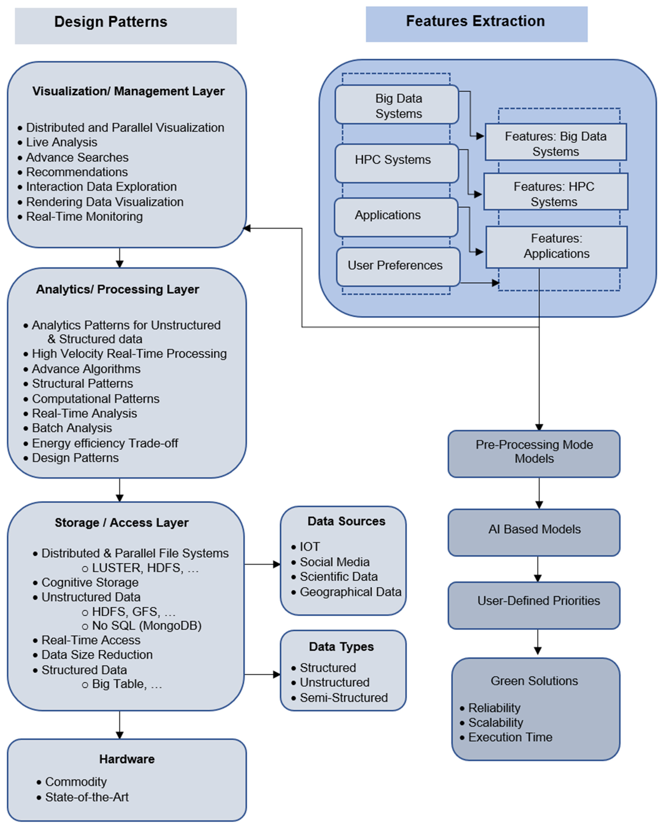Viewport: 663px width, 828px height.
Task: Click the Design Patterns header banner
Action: pos(126,26)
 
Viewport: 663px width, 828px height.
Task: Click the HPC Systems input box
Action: pos(397,163)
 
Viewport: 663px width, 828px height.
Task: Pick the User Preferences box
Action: pos(398,266)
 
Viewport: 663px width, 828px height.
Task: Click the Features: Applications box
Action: pos(557,247)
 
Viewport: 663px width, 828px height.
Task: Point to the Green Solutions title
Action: pos(534,681)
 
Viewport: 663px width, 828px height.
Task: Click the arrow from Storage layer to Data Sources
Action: pos(262,564)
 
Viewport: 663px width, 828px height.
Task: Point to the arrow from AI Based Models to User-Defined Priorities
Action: pos(538,569)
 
